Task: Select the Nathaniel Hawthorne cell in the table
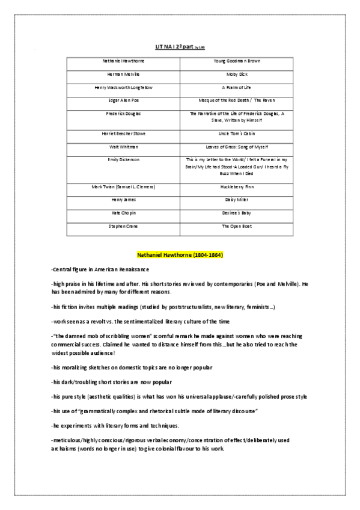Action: click(123, 61)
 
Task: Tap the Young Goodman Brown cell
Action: click(237, 61)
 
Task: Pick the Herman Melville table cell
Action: click(123, 74)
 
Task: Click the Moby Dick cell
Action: click(237, 74)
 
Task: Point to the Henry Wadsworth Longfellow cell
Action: click(123, 87)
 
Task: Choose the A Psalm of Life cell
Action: click(237, 87)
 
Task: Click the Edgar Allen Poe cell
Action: click(123, 100)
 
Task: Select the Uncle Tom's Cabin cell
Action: click(237, 133)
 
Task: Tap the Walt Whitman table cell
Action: click(123, 146)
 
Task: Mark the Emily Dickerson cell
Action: click(123, 159)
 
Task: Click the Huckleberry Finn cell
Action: click(237, 187)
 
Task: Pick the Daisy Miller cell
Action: click(237, 200)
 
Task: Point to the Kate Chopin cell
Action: click(123, 213)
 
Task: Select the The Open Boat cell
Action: click(237, 226)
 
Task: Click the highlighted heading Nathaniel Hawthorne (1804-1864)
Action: click(180, 255)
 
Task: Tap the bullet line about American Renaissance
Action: click(100, 269)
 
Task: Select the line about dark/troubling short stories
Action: click(111, 382)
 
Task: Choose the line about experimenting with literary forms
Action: click(115, 426)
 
